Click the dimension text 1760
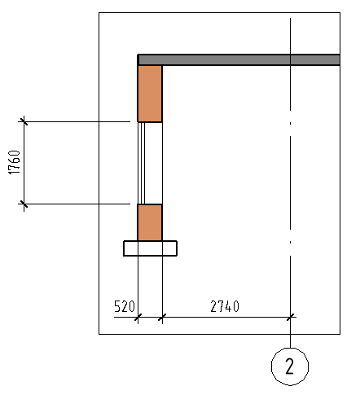coord(15,162)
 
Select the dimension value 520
coord(125,306)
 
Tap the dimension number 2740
coord(225,306)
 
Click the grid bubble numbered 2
coord(290,366)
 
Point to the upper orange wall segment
coord(150,94)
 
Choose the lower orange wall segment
coord(150,222)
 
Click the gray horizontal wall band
coord(239,59)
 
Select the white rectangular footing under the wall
coord(150,248)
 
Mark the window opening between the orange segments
coord(150,163)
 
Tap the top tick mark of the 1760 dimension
coord(24,121)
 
